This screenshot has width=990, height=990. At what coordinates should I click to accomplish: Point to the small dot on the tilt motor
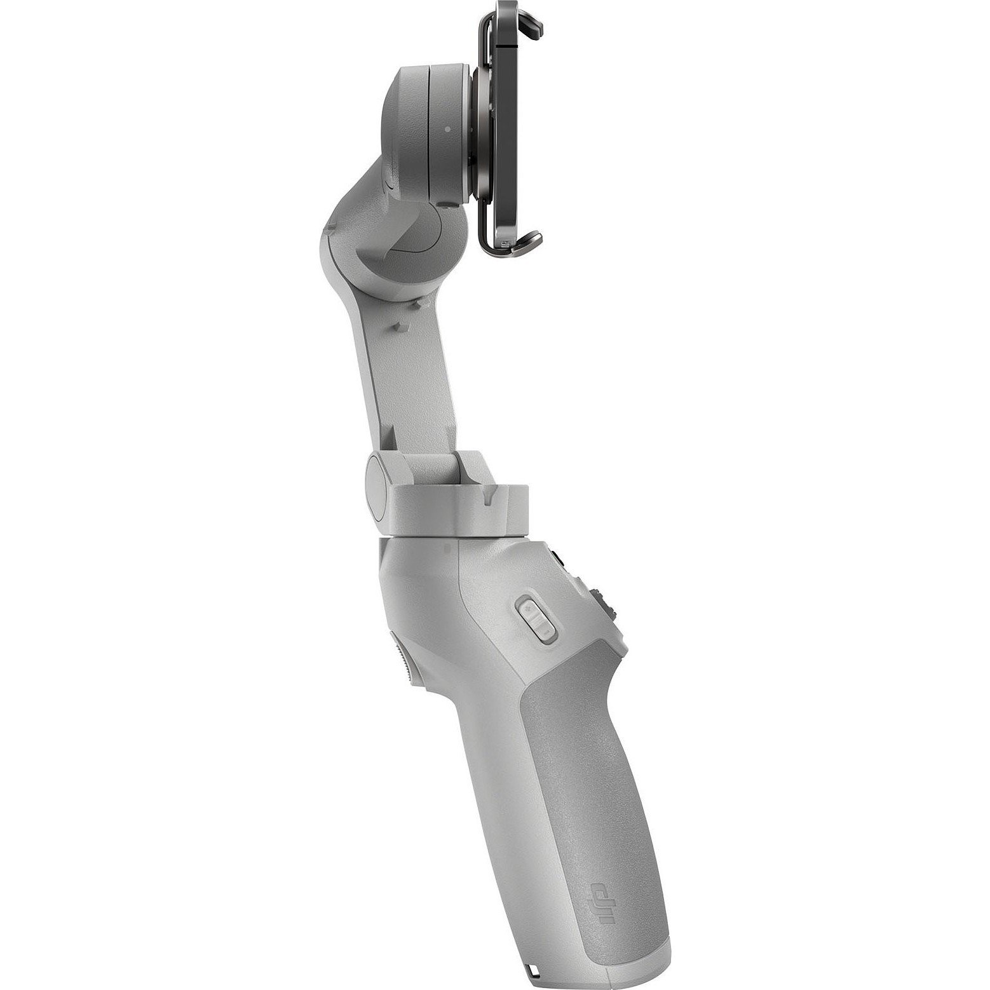[448, 128]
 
